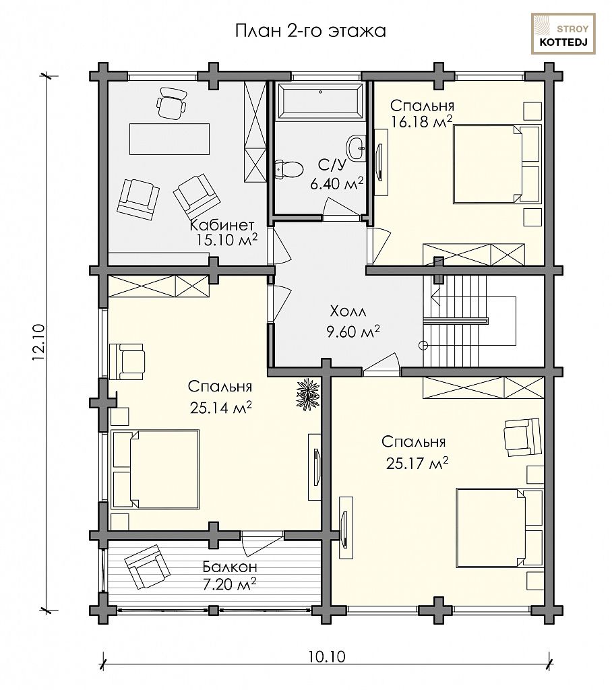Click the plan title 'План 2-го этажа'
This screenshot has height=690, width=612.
311,31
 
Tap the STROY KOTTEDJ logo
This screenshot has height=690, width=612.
563,34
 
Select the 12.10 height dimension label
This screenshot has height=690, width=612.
38,342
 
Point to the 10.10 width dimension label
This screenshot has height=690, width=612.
327,657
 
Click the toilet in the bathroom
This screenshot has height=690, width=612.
289,168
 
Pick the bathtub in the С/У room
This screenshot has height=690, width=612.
320,101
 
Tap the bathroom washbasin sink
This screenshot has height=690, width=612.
357,148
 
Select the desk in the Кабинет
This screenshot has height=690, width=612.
169,139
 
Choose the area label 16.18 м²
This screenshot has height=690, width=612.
421,122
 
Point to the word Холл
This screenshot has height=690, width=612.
348,311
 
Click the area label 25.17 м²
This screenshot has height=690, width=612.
417,463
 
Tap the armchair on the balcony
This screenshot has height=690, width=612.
148,566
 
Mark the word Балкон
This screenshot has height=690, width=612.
230,566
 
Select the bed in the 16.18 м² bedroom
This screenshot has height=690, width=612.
497,164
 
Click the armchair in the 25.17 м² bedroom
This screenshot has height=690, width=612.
522,437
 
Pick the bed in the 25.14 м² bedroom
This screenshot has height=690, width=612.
155,469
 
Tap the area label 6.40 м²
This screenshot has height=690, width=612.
337,183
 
